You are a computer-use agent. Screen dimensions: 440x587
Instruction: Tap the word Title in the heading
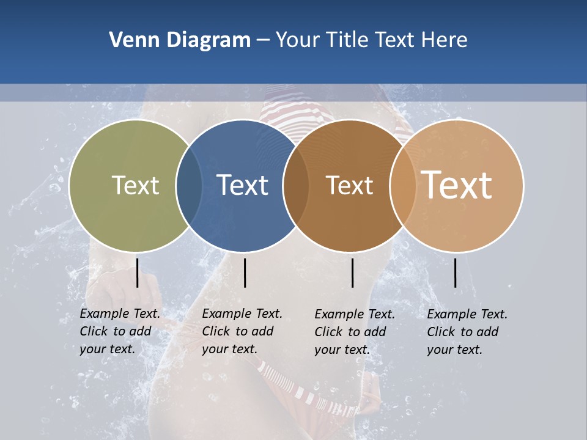point(347,40)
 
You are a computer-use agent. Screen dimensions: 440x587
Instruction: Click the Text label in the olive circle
point(135,185)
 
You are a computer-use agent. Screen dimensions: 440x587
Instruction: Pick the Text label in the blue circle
point(242,185)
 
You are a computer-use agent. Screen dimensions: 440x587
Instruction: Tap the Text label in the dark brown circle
point(349,185)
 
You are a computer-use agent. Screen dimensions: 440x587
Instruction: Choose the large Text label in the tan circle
point(457,185)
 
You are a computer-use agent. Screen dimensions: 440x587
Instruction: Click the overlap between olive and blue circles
point(189,186)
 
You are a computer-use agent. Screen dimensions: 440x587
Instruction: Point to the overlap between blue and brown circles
point(296,186)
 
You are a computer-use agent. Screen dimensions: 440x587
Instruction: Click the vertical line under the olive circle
point(137,273)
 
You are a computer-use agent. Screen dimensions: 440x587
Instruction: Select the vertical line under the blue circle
point(245,273)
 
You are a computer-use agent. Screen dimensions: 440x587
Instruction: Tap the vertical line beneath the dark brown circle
point(352,273)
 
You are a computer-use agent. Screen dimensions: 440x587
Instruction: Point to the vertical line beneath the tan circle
point(456,273)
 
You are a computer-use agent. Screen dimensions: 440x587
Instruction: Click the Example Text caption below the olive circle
point(120,331)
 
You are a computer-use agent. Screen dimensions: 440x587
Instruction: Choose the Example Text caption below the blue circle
point(242,331)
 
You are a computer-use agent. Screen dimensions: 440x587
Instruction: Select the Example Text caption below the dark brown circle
point(355,332)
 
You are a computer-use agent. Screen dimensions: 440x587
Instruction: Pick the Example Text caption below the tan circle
point(467,332)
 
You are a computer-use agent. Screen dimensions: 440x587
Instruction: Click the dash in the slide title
point(263,41)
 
